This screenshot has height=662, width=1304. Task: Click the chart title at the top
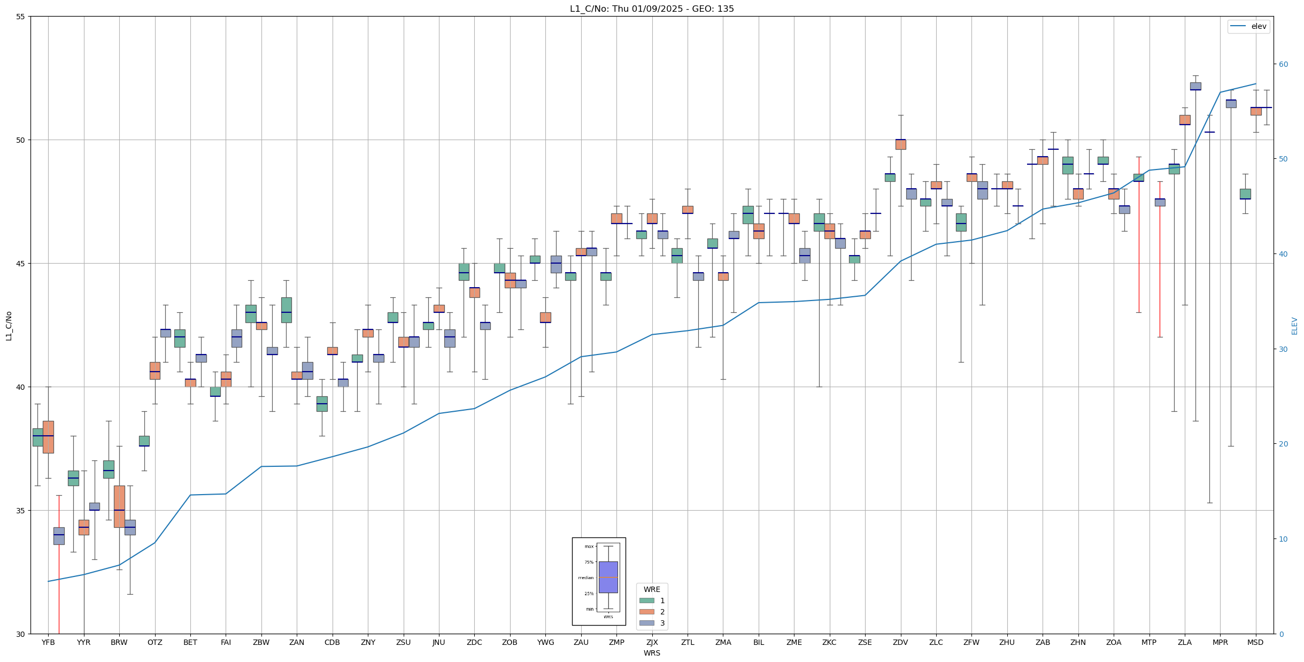(652, 9)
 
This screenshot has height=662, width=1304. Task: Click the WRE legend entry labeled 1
(662, 601)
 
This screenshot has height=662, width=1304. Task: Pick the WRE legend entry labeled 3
(662, 623)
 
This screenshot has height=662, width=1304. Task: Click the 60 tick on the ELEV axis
(1283, 64)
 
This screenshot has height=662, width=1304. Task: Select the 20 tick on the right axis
(1283, 444)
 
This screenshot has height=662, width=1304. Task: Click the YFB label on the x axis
(48, 642)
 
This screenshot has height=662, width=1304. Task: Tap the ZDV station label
(900, 642)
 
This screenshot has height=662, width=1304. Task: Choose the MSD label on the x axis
(1255, 642)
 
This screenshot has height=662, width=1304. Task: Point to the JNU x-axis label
(439, 642)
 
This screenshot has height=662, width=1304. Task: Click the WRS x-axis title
(652, 653)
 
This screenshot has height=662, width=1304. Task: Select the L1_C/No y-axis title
(9, 326)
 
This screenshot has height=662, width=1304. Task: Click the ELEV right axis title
(1294, 326)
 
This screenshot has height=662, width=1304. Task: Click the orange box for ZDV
(901, 144)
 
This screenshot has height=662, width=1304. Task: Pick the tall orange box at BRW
(119, 506)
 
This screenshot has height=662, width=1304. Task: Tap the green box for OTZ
(144, 441)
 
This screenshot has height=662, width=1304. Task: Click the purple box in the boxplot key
(608, 577)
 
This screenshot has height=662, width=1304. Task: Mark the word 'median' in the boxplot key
(586, 578)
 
